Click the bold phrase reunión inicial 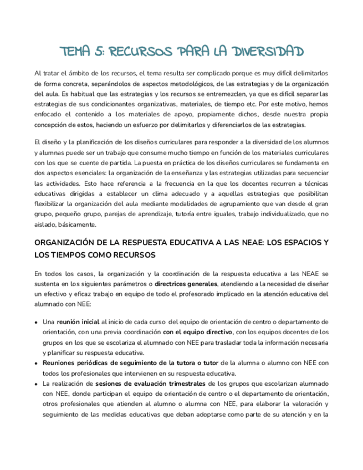pos(78,321)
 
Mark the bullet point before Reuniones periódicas pos(37,362)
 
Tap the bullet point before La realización pos(37,383)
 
